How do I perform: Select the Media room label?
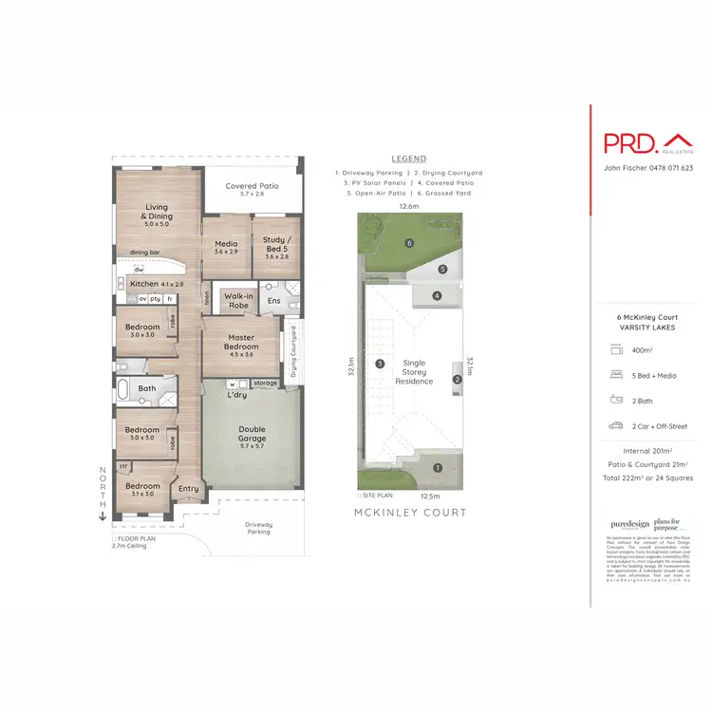click(x=226, y=247)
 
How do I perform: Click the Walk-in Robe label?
click(x=237, y=301)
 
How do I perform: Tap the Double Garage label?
click(x=253, y=436)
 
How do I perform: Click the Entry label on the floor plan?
click(x=189, y=489)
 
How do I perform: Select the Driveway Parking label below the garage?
click(x=258, y=527)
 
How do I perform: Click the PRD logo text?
click(x=630, y=142)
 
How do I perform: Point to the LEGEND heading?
click(x=408, y=159)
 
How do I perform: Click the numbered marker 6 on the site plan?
click(x=409, y=243)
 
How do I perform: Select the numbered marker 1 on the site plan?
click(x=438, y=467)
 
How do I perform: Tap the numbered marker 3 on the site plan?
click(x=379, y=364)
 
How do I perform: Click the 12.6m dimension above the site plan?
click(x=408, y=205)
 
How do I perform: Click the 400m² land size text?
click(x=643, y=350)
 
